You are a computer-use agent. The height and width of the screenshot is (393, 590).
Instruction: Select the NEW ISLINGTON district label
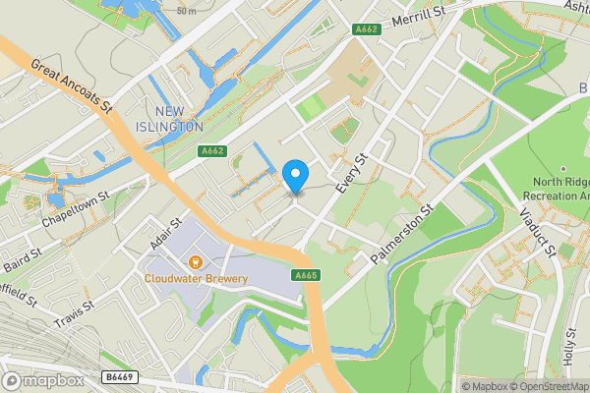pos(177,118)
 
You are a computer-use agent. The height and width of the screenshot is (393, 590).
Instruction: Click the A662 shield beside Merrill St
pos(368,30)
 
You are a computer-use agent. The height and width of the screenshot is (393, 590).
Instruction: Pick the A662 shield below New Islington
pos(211,150)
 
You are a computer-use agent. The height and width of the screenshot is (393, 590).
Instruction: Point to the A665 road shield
pos(306,276)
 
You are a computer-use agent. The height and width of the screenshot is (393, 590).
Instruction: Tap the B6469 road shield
pos(120,376)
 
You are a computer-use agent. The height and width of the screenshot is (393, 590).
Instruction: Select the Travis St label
pos(73,314)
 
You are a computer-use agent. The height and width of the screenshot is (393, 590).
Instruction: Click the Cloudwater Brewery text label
pos(197,279)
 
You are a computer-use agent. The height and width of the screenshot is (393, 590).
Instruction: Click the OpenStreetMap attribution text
pos(544,386)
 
